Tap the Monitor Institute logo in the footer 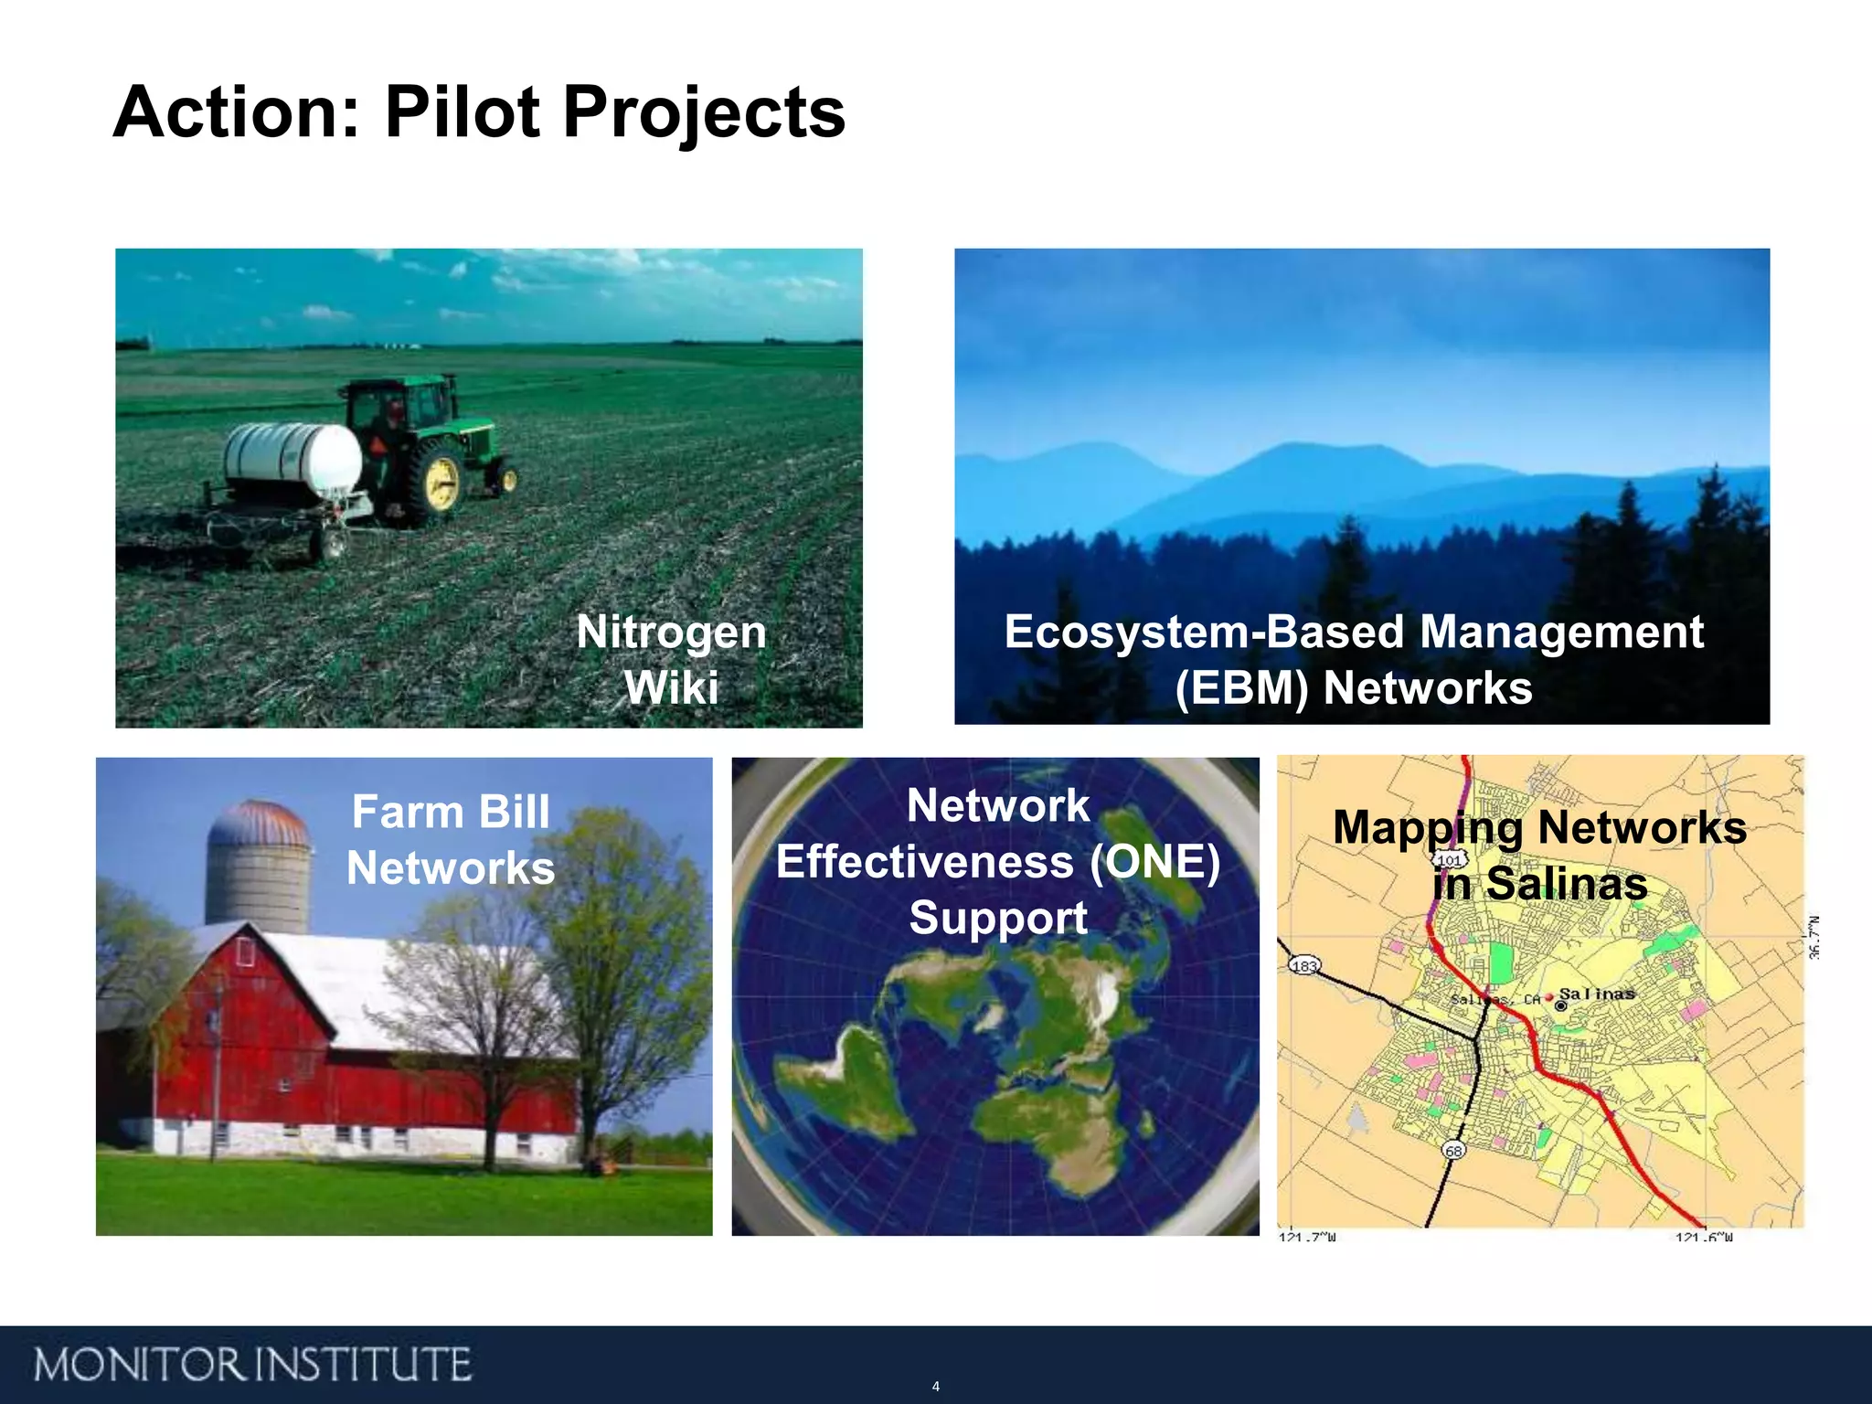(x=253, y=1364)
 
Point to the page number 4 (x=935, y=1386)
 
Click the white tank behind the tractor (x=292, y=457)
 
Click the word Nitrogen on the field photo (x=671, y=632)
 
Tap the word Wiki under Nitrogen (x=671, y=687)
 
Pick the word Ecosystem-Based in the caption (x=1205, y=632)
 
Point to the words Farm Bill (x=451, y=812)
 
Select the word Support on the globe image (x=997, y=918)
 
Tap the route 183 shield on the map (x=1303, y=965)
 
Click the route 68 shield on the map (x=1453, y=1150)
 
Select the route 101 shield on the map (x=1450, y=860)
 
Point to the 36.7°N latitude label (x=1813, y=937)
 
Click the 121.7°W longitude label (x=1307, y=1237)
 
